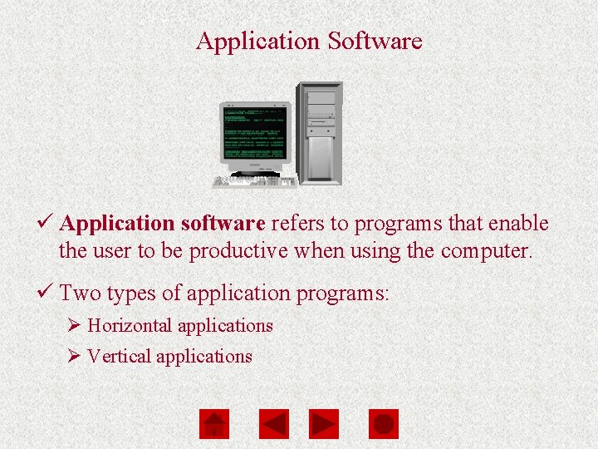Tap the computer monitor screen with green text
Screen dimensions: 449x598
coord(254,133)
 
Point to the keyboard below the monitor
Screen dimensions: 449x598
coord(254,181)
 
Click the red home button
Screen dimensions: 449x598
coord(213,424)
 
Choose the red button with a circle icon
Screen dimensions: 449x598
coord(383,424)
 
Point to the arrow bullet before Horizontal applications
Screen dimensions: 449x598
coord(73,326)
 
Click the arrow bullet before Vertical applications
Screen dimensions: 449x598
coord(73,357)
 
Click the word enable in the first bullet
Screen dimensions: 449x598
coord(521,224)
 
